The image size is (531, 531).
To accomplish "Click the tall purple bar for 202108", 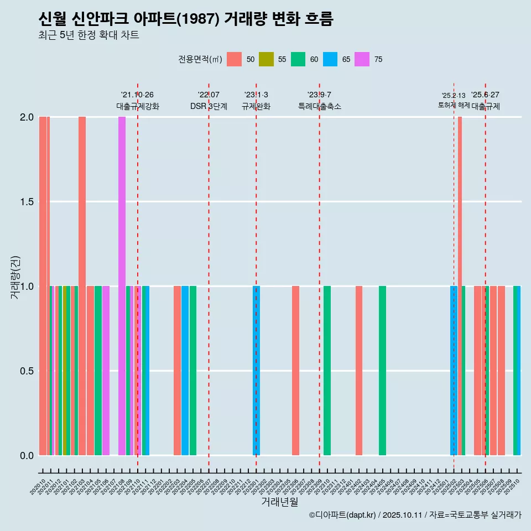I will click(122, 285).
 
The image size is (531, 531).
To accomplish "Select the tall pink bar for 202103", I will click(82, 285).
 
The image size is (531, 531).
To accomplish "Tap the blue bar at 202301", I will click(256, 371).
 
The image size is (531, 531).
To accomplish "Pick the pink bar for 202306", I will click(296, 371).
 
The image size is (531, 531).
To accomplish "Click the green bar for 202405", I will click(382, 371).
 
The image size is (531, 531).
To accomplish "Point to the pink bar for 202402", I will click(359, 371).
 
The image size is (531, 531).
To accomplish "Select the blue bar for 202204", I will click(185, 371).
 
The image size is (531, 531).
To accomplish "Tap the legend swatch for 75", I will click(362, 59).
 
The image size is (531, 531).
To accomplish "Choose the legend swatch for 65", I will click(330, 59).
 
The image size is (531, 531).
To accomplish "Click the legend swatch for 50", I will click(235, 59).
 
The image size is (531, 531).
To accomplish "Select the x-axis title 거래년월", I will click(279, 502).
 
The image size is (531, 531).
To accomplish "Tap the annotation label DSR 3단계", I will click(209, 106).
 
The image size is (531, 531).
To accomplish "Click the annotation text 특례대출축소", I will click(320, 106).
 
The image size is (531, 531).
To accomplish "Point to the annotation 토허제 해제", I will click(454, 105).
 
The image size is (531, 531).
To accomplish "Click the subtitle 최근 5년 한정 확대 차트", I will click(88, 35).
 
